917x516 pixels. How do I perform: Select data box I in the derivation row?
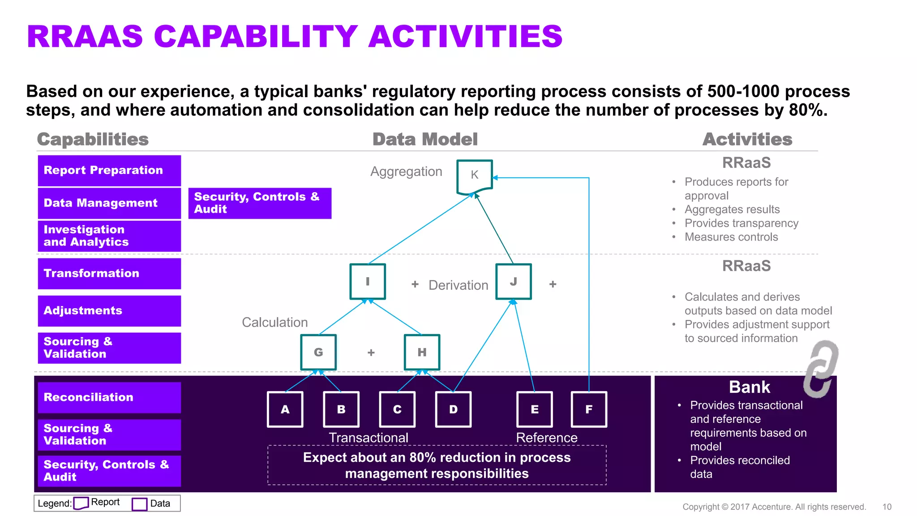pyautogui.click(x=368, y=282)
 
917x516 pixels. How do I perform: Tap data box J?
pyautogui.click(x=514, y=282)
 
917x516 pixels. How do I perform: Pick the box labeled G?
pyautogui.click(x=318, y=353)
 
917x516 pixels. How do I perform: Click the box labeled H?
pyautogui.click(x=422, y=353)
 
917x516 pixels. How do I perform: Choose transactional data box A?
pyautogui.click(x=285, y=409)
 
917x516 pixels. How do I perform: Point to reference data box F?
pyautogui.click(x=589, y=409)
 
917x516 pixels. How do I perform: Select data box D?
pyautogui.click(x=453, y=409)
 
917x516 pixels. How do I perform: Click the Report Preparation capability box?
pyautogui.click(x=109, y=171)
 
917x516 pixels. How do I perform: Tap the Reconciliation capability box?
pyautogui.click(x=109, y=397)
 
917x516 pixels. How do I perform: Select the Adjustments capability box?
pyautogui.click(x=109, y=311)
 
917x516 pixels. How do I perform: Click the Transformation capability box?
pyautogui.click(x=109, y=274)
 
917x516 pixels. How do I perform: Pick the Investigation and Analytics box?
pyautogui.click(x=109, y=236)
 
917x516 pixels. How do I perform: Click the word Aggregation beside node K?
pyautogui.click(x=406, y=172)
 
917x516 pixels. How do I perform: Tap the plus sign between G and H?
pyautogui.click(x=371, y=353)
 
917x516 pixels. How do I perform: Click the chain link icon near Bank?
pyautogui.click(x=820, y=369)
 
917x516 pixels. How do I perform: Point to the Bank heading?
pyautogui.click(x=749, y=387)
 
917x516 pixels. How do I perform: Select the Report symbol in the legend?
pyautogui.click(x=81, y=503)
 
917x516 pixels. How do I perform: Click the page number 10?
pyautogui.click(x=887, y=507)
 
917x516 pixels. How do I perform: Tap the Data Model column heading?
pyautogui.click(x=425, y=139)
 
